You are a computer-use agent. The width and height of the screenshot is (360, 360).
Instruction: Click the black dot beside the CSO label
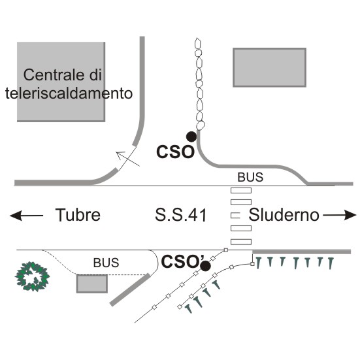pyautogui.click(x=191, y=137)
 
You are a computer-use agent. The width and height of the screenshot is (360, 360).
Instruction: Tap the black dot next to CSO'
pyautogui.click(x=205, y=266)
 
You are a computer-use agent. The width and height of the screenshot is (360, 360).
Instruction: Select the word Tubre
pyautogui.click(x=78, y=215)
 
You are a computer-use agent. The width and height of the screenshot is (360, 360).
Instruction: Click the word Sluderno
pyautogui.click(x=284, y=215)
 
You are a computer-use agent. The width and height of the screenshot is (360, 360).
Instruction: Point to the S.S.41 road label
pyautogui.click(x=181, y=215)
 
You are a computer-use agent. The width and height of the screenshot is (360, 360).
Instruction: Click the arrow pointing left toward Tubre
pyautogui.click(x=26, y=216)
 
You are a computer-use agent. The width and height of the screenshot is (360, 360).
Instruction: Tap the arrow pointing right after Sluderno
pyautogui.click(x=340, y=215)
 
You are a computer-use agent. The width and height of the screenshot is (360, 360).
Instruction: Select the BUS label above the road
pyautogui.click(x=250, y=177)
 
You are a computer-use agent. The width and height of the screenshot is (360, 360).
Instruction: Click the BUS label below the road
pyautogui.click(x=106, y=263)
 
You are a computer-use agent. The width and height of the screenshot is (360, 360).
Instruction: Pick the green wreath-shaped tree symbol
pyautogui.click(x=33, y=276)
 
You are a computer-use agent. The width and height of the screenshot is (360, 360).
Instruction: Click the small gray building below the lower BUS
pyautogui.click(x=92, y=284)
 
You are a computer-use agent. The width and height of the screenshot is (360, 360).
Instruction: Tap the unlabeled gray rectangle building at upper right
pyautogui.click(x=270, y=67)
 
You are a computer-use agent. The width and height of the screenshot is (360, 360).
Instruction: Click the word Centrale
pyautogui.click(x=54, y=75)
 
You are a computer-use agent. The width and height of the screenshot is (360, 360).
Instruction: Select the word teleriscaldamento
pyautogui.click(x=69, y=93)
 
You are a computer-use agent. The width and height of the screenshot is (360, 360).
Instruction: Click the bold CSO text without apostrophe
pyautogui.click(x=175, y=152)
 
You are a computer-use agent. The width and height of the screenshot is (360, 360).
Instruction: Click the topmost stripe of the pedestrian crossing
pyautogui.click(x=241, y=190)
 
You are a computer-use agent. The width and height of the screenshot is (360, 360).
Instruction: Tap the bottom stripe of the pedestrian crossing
pyautogui.click(x=241, y=242)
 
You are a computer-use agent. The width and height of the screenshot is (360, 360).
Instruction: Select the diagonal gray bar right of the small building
pyautogui.click(x=130, y=289)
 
